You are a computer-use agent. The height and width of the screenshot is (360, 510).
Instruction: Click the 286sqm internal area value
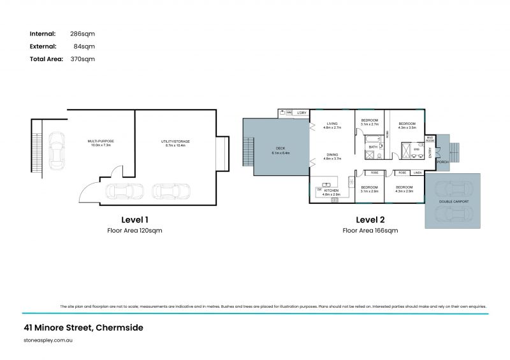(x=83, y=33)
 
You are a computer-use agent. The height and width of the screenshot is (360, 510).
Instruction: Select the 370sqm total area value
(x=83, y=59)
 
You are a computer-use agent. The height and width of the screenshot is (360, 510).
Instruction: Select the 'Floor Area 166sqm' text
(x=370, y=230)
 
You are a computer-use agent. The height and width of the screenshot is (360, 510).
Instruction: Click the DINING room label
(x=332, y=154)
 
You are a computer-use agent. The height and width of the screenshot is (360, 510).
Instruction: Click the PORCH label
(x=442, y=162)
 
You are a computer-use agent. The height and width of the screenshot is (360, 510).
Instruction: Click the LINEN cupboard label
(x=417, y=173)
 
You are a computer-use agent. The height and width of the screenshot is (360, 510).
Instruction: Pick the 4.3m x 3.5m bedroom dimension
(x=407, y=127)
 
